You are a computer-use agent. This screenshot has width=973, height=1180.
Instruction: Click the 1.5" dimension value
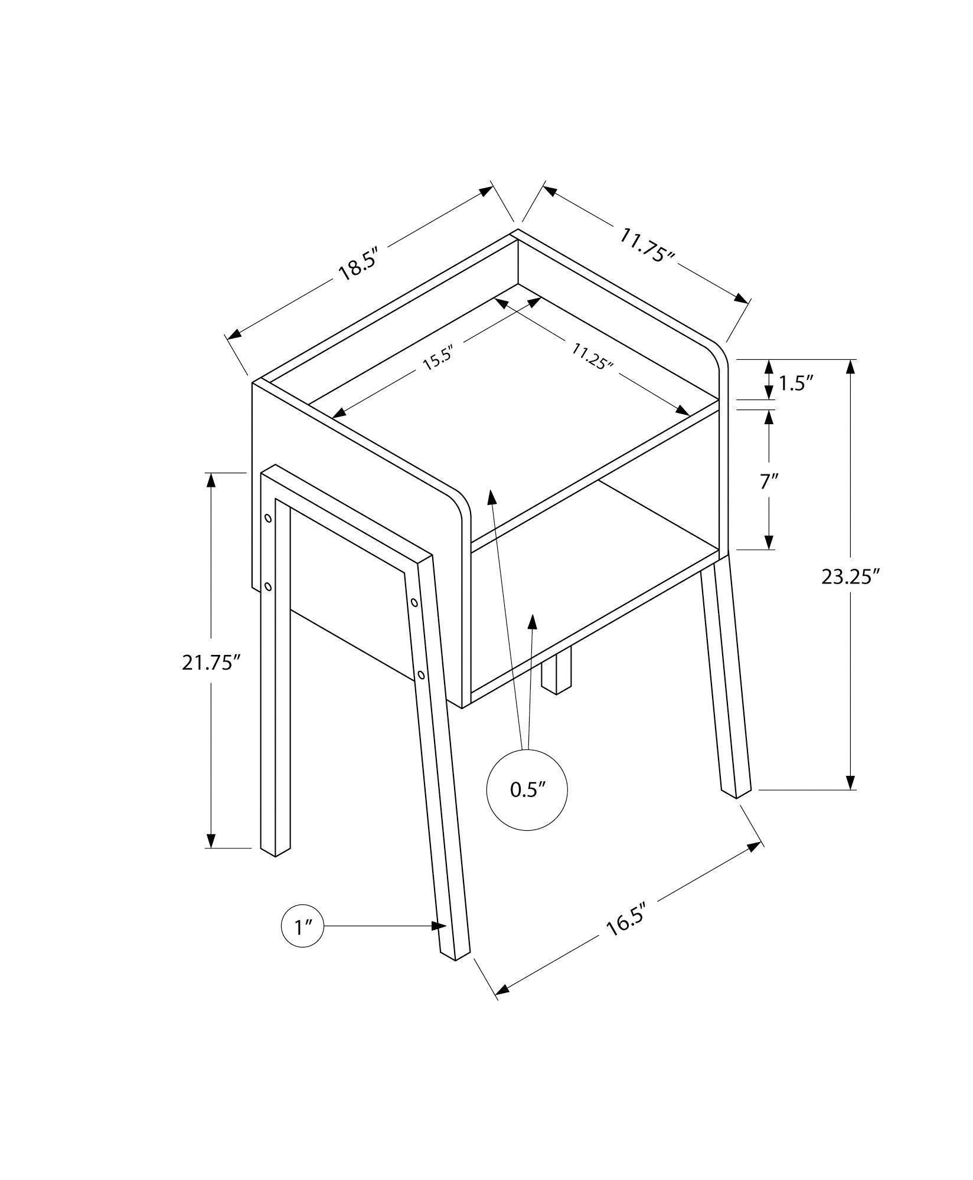point(796,384)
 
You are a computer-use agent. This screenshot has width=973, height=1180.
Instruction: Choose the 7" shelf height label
point(768,481)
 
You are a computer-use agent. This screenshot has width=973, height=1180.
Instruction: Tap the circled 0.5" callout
point(527,791)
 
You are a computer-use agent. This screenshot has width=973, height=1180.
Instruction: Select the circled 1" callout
point(302,943)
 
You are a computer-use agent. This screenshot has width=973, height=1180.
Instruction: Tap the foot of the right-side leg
point(736,792)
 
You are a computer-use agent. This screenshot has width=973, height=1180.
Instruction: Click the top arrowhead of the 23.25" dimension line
point(850,367)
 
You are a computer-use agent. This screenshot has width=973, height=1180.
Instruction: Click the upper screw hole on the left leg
point(268,519)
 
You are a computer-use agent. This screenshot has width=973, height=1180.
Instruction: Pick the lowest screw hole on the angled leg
point(420,674)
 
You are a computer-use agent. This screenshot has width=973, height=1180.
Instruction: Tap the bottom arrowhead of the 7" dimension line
point(769,542)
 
